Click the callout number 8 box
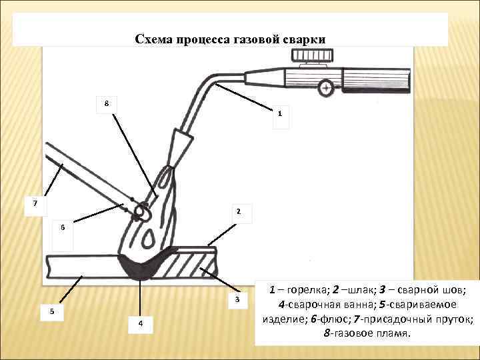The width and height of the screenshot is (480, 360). pos(106,103)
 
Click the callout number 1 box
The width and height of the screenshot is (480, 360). pos(280,113)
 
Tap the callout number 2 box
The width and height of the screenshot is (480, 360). pos(239,213)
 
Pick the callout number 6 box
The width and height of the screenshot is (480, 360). pos(62,227)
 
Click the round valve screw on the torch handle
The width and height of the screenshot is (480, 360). pos(326,87)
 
